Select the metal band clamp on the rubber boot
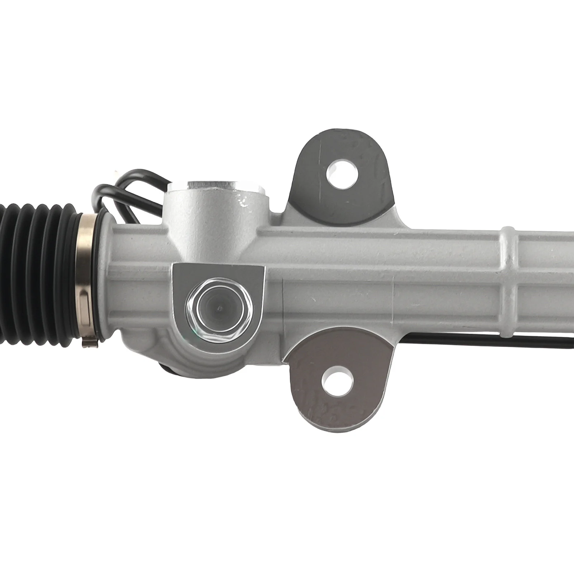tap(86, 280)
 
